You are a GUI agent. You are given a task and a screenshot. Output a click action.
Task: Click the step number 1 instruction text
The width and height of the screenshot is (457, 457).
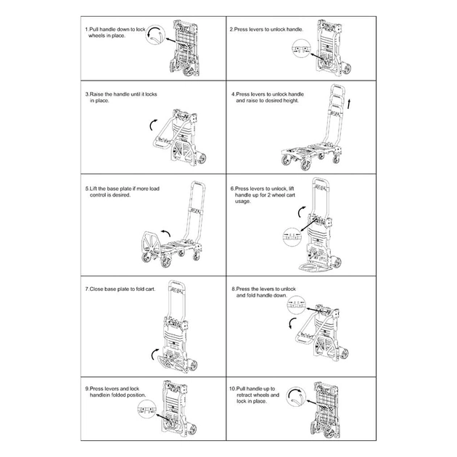(x=115, y=33)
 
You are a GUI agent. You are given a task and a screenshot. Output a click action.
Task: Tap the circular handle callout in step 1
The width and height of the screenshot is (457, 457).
(x=155, y=35)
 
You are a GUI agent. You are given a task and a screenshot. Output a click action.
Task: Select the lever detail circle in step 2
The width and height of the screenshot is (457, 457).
(x=302, y=49)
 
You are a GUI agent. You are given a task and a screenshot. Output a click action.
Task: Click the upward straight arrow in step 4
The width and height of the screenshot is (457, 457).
(x=350, y=104)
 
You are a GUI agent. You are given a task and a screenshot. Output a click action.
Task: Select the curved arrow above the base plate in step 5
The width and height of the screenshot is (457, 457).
(x=166, y=231)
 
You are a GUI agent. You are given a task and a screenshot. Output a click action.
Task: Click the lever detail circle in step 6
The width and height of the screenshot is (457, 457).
(x=292, y=236)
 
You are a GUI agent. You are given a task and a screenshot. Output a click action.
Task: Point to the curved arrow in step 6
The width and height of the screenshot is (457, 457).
(x=300, y=212)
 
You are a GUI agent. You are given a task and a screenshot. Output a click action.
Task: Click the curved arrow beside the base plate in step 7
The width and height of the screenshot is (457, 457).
(x=154, y=353)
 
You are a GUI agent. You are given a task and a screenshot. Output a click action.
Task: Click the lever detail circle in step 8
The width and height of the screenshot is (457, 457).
(x=296, y=305)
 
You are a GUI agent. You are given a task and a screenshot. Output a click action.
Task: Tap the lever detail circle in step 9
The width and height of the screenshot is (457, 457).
(x=147, y=410)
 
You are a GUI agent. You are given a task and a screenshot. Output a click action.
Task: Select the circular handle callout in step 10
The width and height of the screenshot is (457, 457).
(x=295, y=397)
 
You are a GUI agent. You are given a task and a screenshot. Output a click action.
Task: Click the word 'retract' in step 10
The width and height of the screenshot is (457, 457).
(x=244, y=395)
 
